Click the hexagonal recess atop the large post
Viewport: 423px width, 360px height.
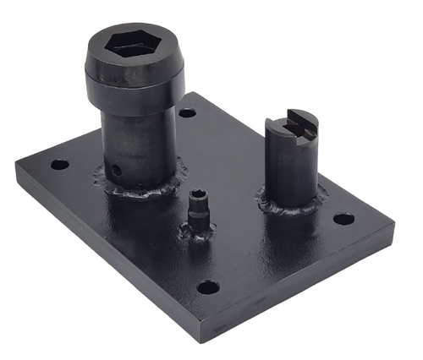click(x=133, y=46)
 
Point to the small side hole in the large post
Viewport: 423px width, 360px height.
click(x=118, y=169)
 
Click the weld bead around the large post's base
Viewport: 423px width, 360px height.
click(x=144, y=188)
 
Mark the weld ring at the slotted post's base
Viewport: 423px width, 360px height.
click(x=292, y=205)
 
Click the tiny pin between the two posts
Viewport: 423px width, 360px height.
click(x=198, y=207)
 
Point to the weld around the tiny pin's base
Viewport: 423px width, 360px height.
click(x=198, y=230)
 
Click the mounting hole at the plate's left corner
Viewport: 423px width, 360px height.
click(x=59, y=164)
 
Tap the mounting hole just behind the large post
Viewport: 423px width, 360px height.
click(x=188, y=112)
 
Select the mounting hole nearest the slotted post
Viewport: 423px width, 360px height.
click(x=343, y=219)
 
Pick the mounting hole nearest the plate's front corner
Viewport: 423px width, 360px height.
click(x=208, y=287)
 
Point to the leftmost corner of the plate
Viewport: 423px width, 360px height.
click(x=16, y=166)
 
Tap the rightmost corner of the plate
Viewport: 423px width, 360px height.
click(x=393, y=226)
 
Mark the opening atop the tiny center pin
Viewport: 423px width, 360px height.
click(x=198, y=194)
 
